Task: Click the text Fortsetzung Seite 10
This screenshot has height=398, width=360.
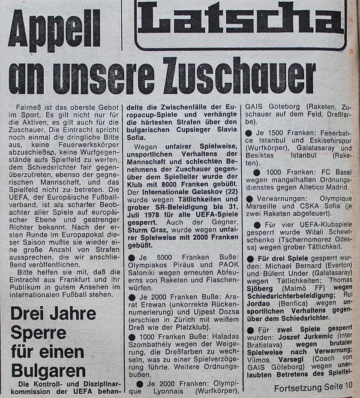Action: point(313,388)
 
